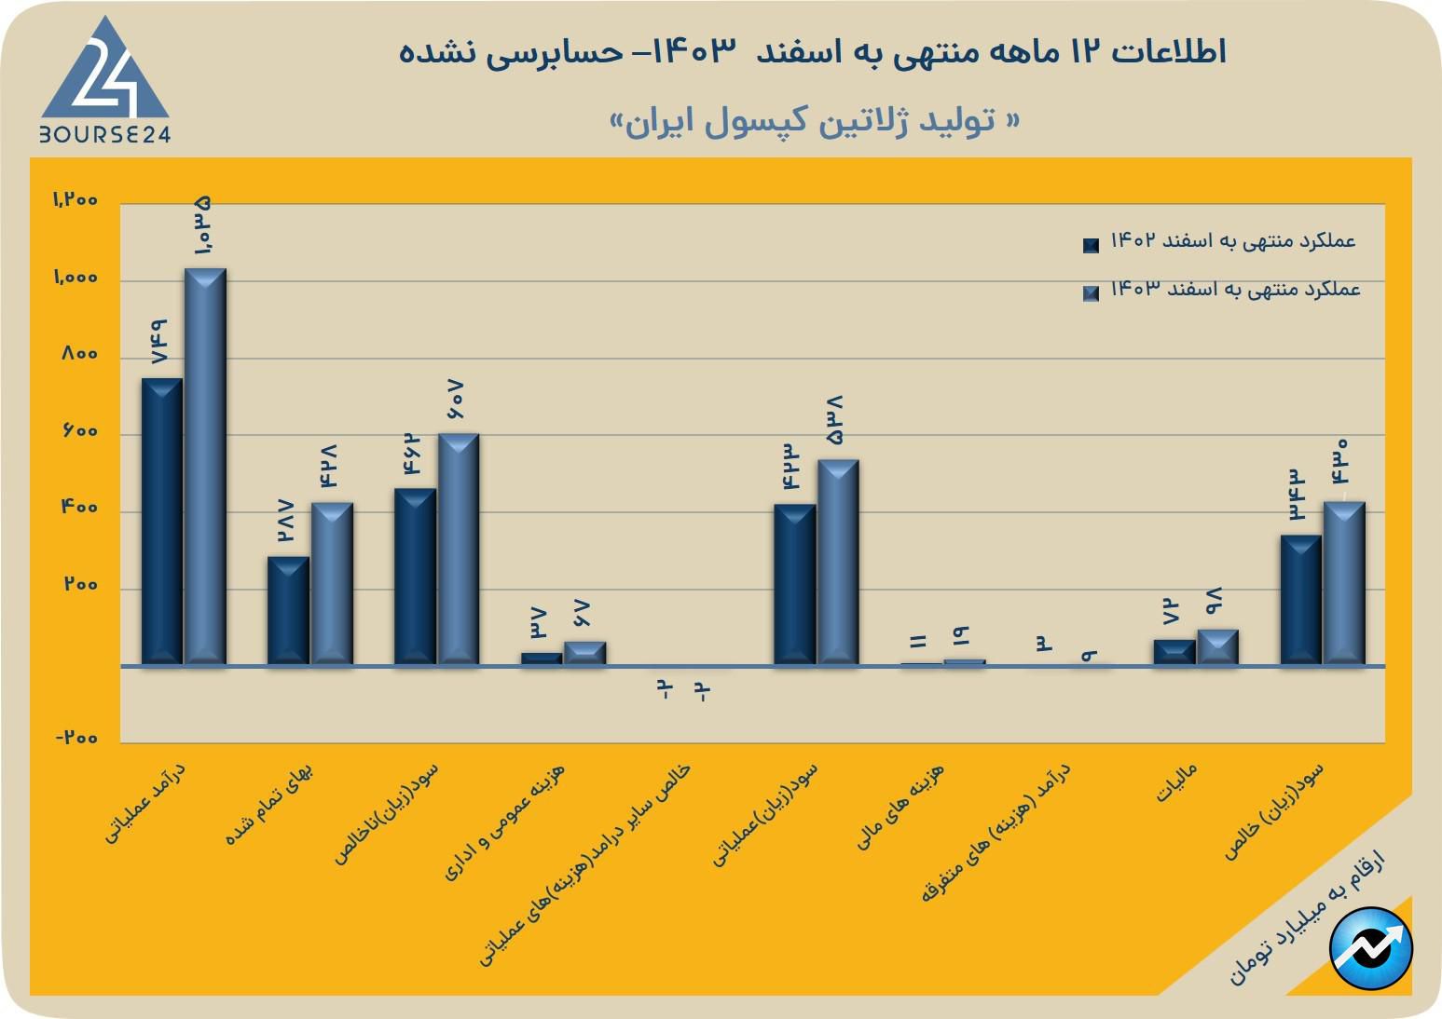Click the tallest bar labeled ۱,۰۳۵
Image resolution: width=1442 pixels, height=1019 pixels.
tap(205, 466)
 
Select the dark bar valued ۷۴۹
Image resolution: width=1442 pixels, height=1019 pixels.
tap(161, 522)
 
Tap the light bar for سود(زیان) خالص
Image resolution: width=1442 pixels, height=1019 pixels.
tap(1344, 583)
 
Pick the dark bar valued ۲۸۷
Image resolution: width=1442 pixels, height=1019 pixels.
tap(288, 610)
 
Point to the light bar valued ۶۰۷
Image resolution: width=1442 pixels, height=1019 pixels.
tap(459, 549)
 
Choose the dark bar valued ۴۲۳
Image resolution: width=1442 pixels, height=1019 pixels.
tap(794, 584)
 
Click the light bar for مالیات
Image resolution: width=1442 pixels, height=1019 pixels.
tap(1217, 647)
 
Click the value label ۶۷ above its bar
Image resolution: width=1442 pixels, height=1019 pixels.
tap(584, 614)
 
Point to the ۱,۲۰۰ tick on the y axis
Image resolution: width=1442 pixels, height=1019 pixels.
tap(75, 199)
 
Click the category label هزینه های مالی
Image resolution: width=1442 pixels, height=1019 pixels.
tap(900, 806)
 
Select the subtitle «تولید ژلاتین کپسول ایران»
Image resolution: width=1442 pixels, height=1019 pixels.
tap(814, 121)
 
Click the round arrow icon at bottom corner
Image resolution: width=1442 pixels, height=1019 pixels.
tap(1371, 948)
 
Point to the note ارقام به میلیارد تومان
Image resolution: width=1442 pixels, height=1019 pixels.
tap(1306, 917)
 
